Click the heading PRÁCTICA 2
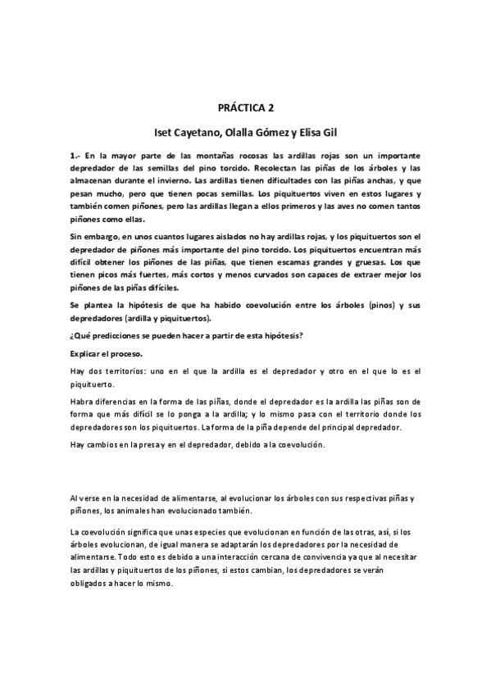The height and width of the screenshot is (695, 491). coord(245,107)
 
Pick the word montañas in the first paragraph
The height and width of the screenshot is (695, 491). coord(193,155)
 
